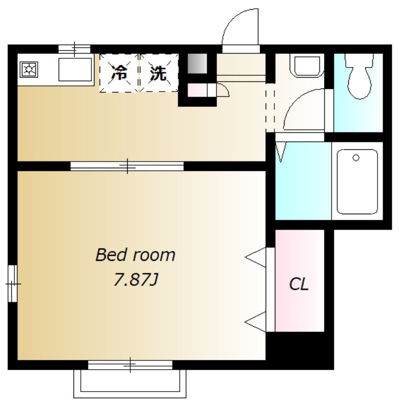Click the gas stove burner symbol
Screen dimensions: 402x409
point(29,70)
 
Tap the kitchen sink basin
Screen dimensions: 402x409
point(75,70)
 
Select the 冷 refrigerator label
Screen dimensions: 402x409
point(120,73)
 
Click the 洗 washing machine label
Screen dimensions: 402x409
point(158,73)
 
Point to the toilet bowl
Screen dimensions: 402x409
point(359,76)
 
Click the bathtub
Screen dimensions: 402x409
point(357,181)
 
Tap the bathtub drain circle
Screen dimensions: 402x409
point(356,157)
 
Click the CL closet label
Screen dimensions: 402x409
point(299,284)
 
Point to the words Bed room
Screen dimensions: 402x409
point(135,255)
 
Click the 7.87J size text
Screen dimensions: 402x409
point(136,280)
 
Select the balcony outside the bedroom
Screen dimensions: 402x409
point(130,384)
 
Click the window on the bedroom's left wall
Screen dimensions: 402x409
point(12,284)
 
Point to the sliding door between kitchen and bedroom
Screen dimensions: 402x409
point(127,166)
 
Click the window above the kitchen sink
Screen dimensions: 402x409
point(75,49)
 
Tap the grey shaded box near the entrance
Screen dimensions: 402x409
point(197,63)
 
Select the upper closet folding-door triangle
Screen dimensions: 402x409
point(255,257)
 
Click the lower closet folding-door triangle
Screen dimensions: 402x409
point(255,322)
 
